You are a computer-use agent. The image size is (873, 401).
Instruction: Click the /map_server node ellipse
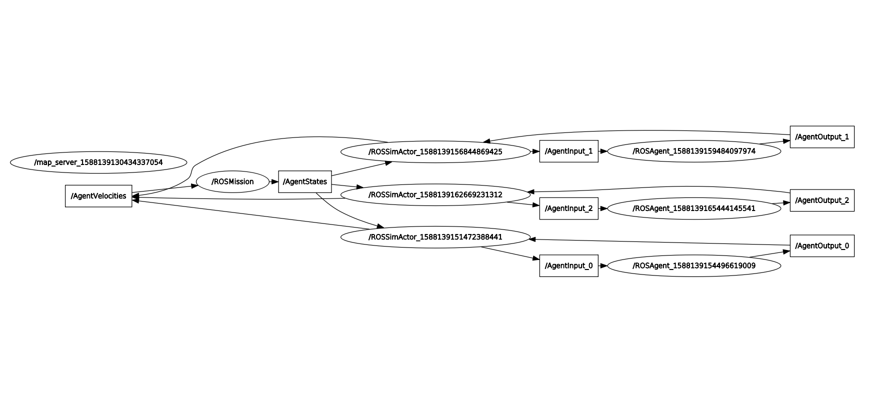(98, 162)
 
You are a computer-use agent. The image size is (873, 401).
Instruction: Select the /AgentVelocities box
(98, 196)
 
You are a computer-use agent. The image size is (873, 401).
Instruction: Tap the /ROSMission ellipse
(232, 181)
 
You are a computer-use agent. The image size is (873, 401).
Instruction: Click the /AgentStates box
(304, 181)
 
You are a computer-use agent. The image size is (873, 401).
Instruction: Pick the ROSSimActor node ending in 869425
(435, 151)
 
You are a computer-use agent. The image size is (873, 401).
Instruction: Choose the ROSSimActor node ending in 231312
(435, 194)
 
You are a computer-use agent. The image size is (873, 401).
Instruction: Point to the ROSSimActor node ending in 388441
(435, 237)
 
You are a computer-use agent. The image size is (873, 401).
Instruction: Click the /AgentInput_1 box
(568, 151)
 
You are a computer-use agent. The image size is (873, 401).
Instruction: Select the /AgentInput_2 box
(568, 208)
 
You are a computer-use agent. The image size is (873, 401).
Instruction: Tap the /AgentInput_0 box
(568, 265)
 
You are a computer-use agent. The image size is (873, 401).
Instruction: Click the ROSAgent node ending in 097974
(693, 151)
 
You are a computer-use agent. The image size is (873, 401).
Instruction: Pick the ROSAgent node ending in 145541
(693, 208)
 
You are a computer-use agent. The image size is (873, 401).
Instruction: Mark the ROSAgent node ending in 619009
(693, 265)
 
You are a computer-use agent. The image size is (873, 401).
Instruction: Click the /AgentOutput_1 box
(821, 137)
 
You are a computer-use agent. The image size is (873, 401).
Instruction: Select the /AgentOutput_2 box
(821, 200)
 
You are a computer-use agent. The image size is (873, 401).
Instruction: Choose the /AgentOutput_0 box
(821, 246)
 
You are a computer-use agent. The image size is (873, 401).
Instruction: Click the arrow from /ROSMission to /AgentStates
(273, 181)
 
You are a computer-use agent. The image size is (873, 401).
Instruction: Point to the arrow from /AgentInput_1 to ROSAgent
(602, 151)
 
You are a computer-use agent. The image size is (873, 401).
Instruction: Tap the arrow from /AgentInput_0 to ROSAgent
(602, 265)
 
